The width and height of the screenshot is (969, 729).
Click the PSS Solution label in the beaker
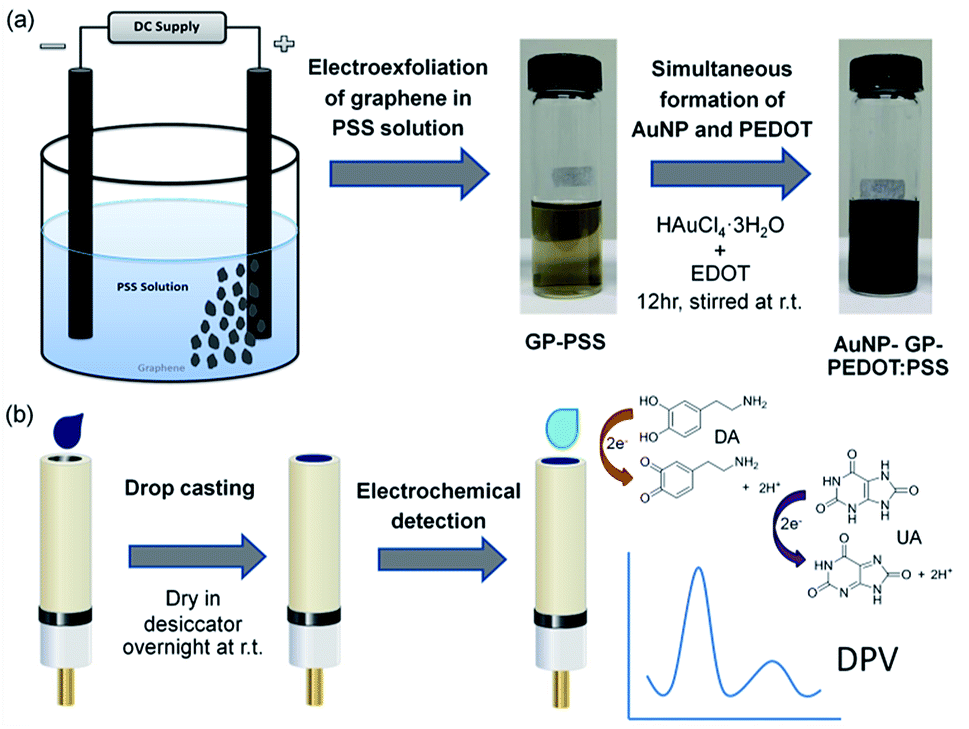[151, 287]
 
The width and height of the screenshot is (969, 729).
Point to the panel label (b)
[26, 413]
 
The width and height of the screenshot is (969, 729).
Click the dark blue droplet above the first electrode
[68, 429]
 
